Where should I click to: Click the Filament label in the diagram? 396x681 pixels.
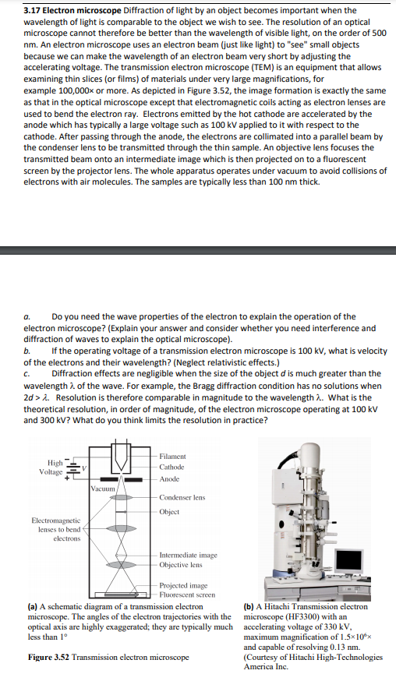click(x=172, y=457)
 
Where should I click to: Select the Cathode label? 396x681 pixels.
click(x=171, y=468)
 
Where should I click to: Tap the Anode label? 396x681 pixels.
click(x=169, y=479)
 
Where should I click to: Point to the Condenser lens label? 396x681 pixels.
click(x=182, y=497)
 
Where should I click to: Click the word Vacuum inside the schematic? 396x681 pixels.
click(x=103, y=489)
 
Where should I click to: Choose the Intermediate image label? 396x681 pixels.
click(x=188, y=555)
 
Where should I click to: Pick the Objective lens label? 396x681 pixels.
click(x=181, y=565)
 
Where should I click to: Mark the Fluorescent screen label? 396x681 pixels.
click(x=187, y=595)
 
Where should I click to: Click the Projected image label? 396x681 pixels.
click(x=183, y=585)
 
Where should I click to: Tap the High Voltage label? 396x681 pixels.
click(x=51, y=468)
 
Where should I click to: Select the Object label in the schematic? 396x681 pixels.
click(x=169, y=512)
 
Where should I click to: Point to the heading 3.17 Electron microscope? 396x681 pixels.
click(x=72, y=10)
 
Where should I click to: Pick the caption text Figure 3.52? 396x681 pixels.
click(x=48, y=657)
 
